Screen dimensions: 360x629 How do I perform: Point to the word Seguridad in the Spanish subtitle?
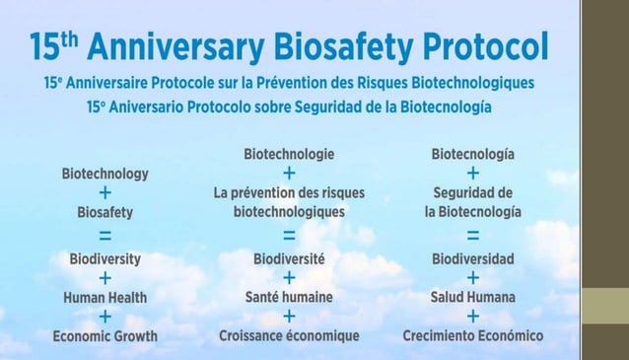(x=313, y=105)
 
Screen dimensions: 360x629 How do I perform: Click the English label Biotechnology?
(x=105, y=174)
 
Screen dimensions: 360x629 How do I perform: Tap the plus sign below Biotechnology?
(x=105, y=192)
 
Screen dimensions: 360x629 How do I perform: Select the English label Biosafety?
(x=105, y=211)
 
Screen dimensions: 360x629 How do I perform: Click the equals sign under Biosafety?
(x=105, y=235)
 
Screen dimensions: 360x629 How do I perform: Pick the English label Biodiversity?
(x=105, y=258)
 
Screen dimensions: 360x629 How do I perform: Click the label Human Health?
(x=105, y=296)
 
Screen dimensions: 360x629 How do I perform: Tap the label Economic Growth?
(x=105, y=335)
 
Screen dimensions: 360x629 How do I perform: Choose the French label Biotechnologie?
(x=289, y=154)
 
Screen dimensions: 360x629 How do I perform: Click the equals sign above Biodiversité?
(x=289, y=235)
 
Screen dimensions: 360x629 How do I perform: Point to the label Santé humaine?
(x=289, y=296)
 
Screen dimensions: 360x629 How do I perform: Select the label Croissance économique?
(x=289, y=335)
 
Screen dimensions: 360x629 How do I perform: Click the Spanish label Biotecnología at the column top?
(x=472, y=154)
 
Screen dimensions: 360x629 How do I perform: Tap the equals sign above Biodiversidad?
(x=473, y=235)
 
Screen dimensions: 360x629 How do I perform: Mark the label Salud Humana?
(x=473, y=296)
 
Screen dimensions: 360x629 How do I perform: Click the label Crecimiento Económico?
(x=473, y=335)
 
